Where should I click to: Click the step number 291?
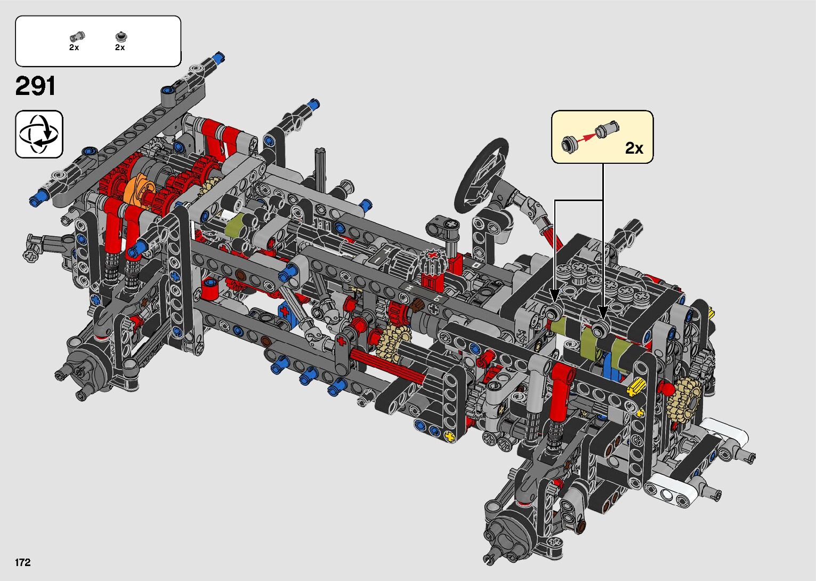coord(35,86)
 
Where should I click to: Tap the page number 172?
coord(22,562)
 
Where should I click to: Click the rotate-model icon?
coord(39,134)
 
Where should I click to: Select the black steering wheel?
coord(481,175)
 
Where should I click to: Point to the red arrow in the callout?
coord(586,138)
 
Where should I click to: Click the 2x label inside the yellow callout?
coord(634,148)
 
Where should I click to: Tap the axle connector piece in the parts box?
coord(77,36)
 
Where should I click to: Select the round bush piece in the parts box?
coord(120,36)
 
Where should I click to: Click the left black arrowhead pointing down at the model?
coord(554,295)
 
